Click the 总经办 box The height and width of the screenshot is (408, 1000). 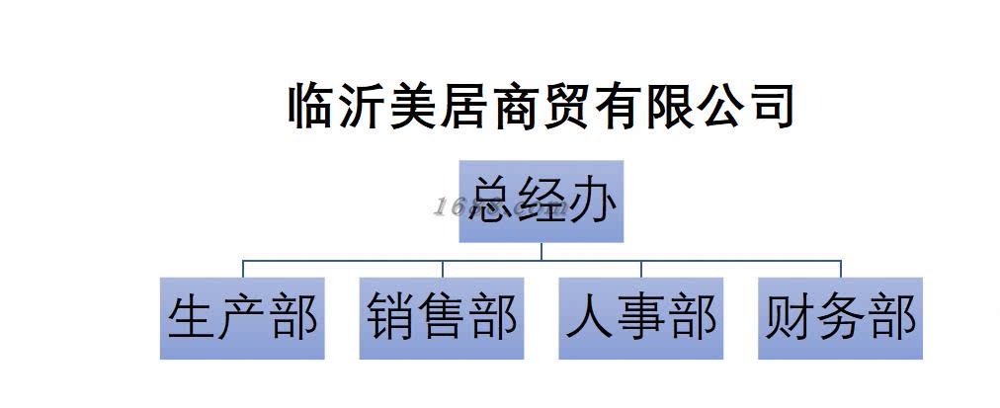pyautogui.click(x=541, y=201)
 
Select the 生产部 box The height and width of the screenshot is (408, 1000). pyautogui.click(x=242, y=318)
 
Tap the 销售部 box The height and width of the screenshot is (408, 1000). pyautogui.click(x=441, y=318)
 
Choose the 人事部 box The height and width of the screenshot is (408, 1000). pyautogui.click(x=641, y=318)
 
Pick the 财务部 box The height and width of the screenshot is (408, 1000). pyautogui.click(x=841, y=318)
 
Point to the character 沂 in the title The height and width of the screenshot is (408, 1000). pyautogui.click(x=363, y=107)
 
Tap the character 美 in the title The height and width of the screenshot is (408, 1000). pyautogui.click(x=417, y=107)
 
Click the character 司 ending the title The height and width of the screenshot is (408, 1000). pyautogui.click(x=772, y=107)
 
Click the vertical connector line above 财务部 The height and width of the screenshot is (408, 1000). pyautogui.click(x=841, y=269)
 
